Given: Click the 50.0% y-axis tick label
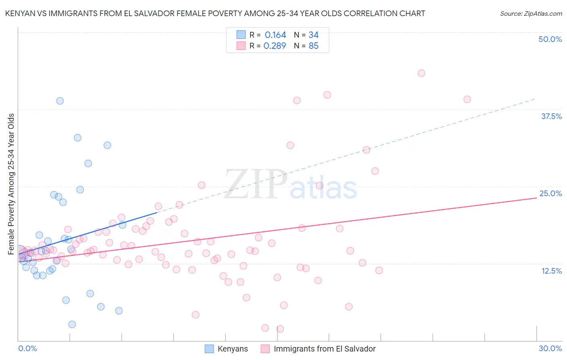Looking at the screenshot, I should coord(550,39).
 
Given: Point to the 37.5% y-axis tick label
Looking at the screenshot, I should coord(551,116).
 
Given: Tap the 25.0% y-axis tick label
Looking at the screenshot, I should coord(550,193).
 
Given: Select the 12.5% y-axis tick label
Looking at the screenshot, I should coord(551,271).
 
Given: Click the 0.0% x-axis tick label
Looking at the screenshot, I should coord(27,348).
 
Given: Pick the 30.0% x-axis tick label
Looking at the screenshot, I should coord(550,348).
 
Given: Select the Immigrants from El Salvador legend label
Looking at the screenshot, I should coord(324,349).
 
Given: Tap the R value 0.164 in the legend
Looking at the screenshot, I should coord(275,35).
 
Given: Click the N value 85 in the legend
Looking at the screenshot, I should coord(313,46).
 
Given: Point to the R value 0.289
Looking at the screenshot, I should coord(275,46).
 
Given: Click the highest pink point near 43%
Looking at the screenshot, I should coord(421,73).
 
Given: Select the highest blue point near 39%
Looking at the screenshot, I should coord(60,101).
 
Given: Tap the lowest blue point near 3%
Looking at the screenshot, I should coord(72,324).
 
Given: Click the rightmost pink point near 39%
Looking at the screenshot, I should coord(467,99).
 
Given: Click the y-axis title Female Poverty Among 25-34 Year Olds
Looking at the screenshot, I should coord(11,184).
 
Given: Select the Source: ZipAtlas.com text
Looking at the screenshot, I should coord(531,14).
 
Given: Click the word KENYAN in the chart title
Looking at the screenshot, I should coord(19,14).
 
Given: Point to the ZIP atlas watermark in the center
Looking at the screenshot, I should coord(290,185).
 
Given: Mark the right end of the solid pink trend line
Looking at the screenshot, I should coord(536,198).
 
